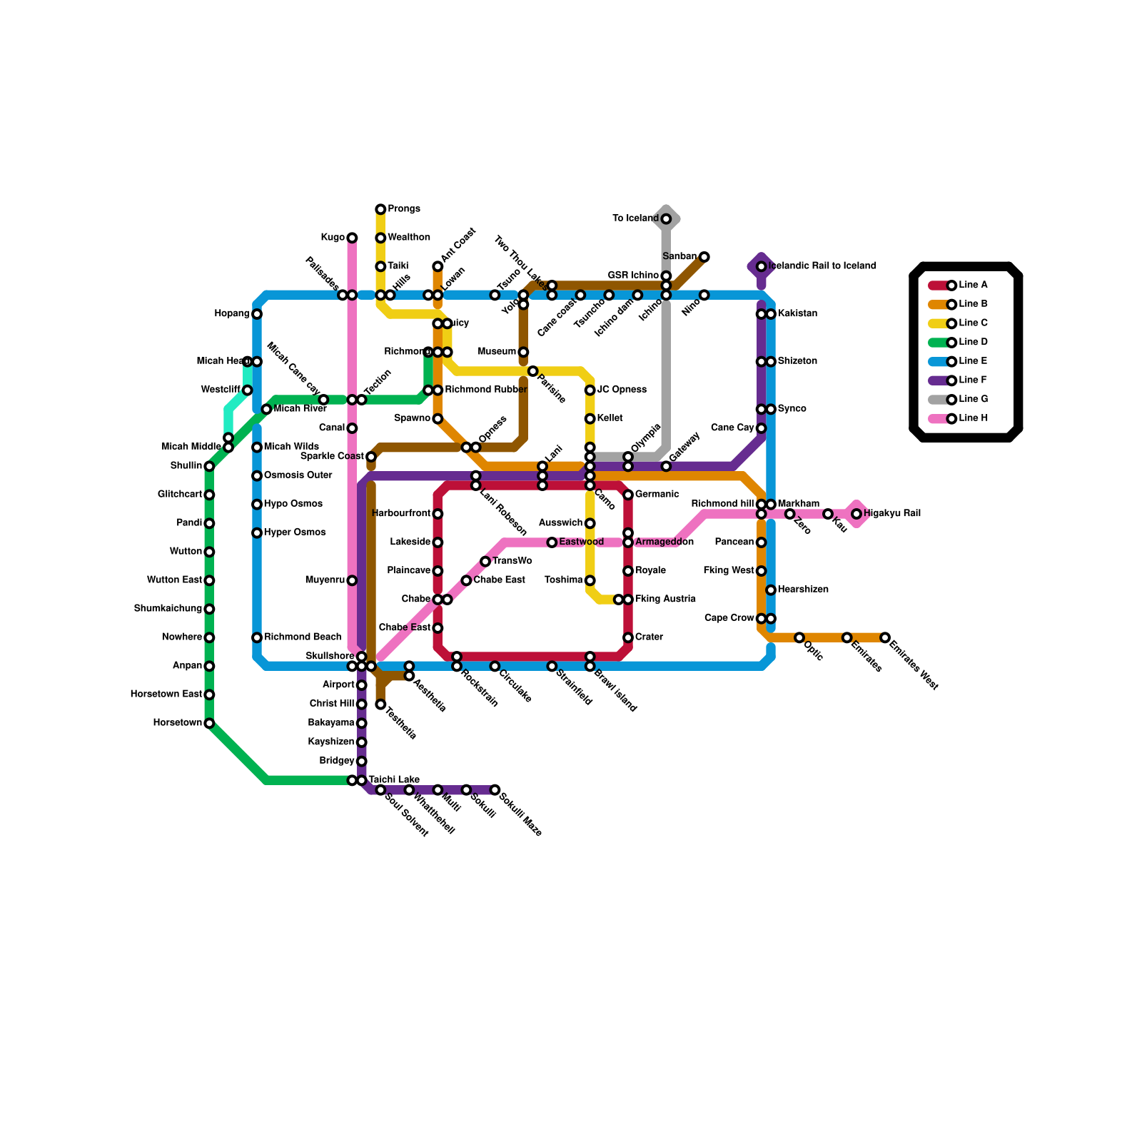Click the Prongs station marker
point(380,209)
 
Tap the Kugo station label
point(333,238)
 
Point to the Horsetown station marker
point(209,723)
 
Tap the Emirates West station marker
point(885,637)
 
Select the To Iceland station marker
point(666,219)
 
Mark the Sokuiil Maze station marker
point(495,790)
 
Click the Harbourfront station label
point(401,514)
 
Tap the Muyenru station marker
point(352,580)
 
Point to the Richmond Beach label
point(303,637)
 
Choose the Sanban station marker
point(704,257)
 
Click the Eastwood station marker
point(552,542)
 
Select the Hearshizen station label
point(803,590)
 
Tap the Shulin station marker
point(209,466)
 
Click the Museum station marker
point(523,352)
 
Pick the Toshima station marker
point(590,580)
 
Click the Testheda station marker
point(380,704)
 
